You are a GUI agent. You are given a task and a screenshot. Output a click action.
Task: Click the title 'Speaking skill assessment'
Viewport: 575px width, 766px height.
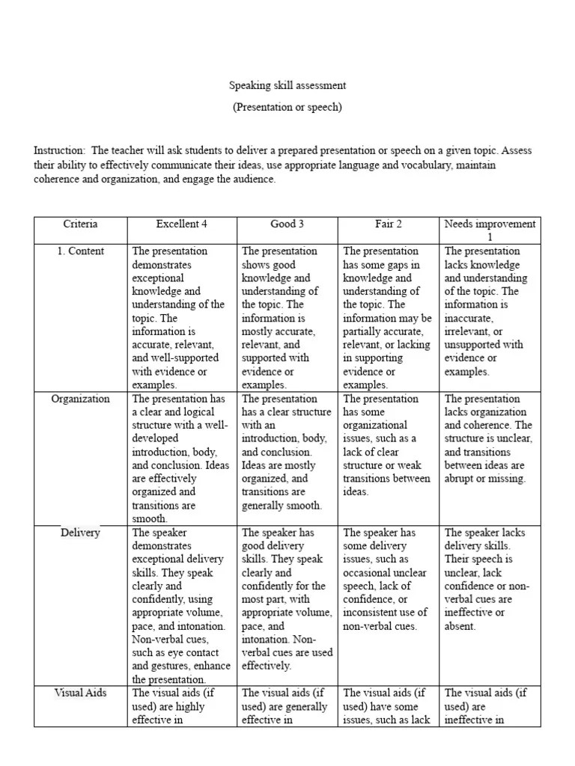287,86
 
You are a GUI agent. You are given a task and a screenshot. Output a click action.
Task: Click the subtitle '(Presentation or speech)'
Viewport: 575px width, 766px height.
287,107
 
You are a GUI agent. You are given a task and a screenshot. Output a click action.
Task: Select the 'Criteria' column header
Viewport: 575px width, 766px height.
80,224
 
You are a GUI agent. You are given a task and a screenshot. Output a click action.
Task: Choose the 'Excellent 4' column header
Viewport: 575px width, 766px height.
181,224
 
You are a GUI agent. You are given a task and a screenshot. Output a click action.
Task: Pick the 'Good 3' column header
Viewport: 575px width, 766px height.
287,224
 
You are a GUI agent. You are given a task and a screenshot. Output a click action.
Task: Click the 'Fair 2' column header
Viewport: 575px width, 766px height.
389,224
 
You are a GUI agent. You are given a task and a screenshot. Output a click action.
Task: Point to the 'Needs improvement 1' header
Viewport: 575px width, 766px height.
490,230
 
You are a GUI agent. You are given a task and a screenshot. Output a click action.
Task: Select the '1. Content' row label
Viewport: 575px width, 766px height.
80,251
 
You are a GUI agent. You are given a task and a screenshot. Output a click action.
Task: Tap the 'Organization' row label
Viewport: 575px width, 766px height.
80,399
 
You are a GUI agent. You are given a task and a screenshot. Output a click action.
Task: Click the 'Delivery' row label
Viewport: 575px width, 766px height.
80,533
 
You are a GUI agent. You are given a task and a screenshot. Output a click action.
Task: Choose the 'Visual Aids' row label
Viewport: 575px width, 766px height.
80,693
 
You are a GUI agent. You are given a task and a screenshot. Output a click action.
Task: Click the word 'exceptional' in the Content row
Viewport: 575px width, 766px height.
156,278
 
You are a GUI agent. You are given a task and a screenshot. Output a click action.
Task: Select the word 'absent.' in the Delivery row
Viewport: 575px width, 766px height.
460,626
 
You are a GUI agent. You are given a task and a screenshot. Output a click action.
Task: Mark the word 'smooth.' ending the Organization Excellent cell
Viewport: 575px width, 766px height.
150,518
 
